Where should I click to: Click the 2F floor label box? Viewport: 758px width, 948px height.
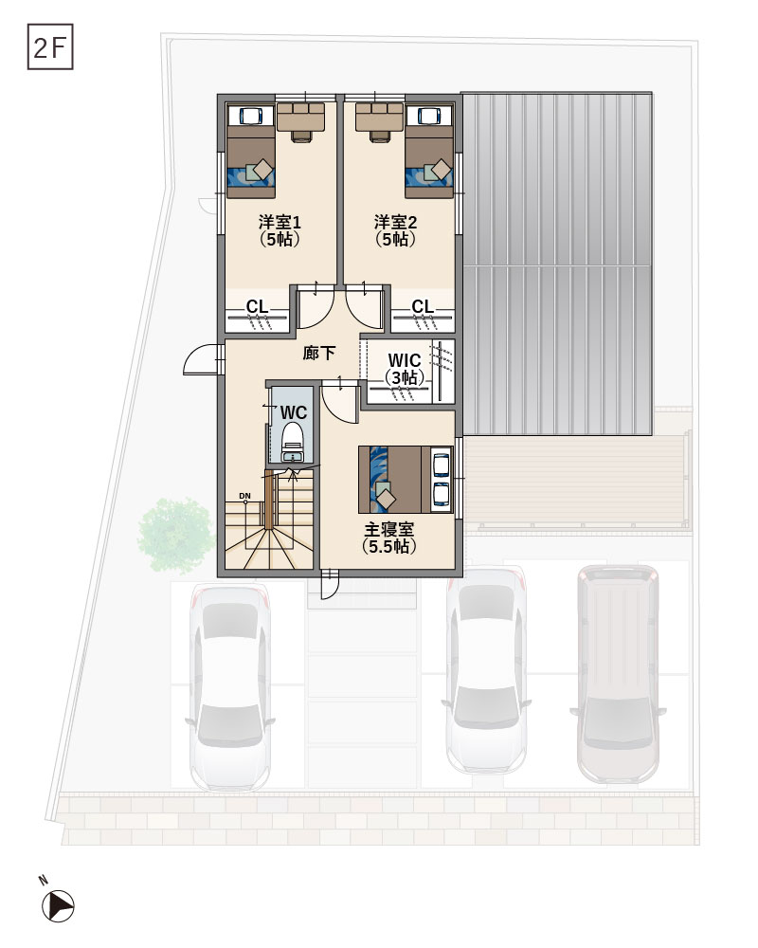click(x=50, y=46)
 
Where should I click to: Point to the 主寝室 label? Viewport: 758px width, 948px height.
click(x=389, y=530)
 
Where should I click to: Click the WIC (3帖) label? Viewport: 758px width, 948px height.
click(x=405, y=369)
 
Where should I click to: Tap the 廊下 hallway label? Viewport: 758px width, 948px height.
click(x=318, y=353)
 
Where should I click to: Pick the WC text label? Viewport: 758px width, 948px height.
click(x=294, y=413)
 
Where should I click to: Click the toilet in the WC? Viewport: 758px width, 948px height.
click(x=293, y=442)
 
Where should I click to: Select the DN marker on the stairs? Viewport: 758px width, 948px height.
click(x=244, y=497)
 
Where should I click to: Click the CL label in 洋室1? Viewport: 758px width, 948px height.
click(x=258, y=307)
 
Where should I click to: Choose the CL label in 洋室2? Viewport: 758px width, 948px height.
click(x=423, y=307)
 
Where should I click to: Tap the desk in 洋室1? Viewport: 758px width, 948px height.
click(x=301, y=121)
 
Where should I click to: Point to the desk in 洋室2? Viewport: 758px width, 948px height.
click(x=379, y=121)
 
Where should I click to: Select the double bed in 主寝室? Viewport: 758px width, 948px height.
click(x=406, y=480)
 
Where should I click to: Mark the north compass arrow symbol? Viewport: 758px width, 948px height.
click(x=58, y=906)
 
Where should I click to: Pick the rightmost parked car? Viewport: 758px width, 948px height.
click(x=618, y=674)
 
